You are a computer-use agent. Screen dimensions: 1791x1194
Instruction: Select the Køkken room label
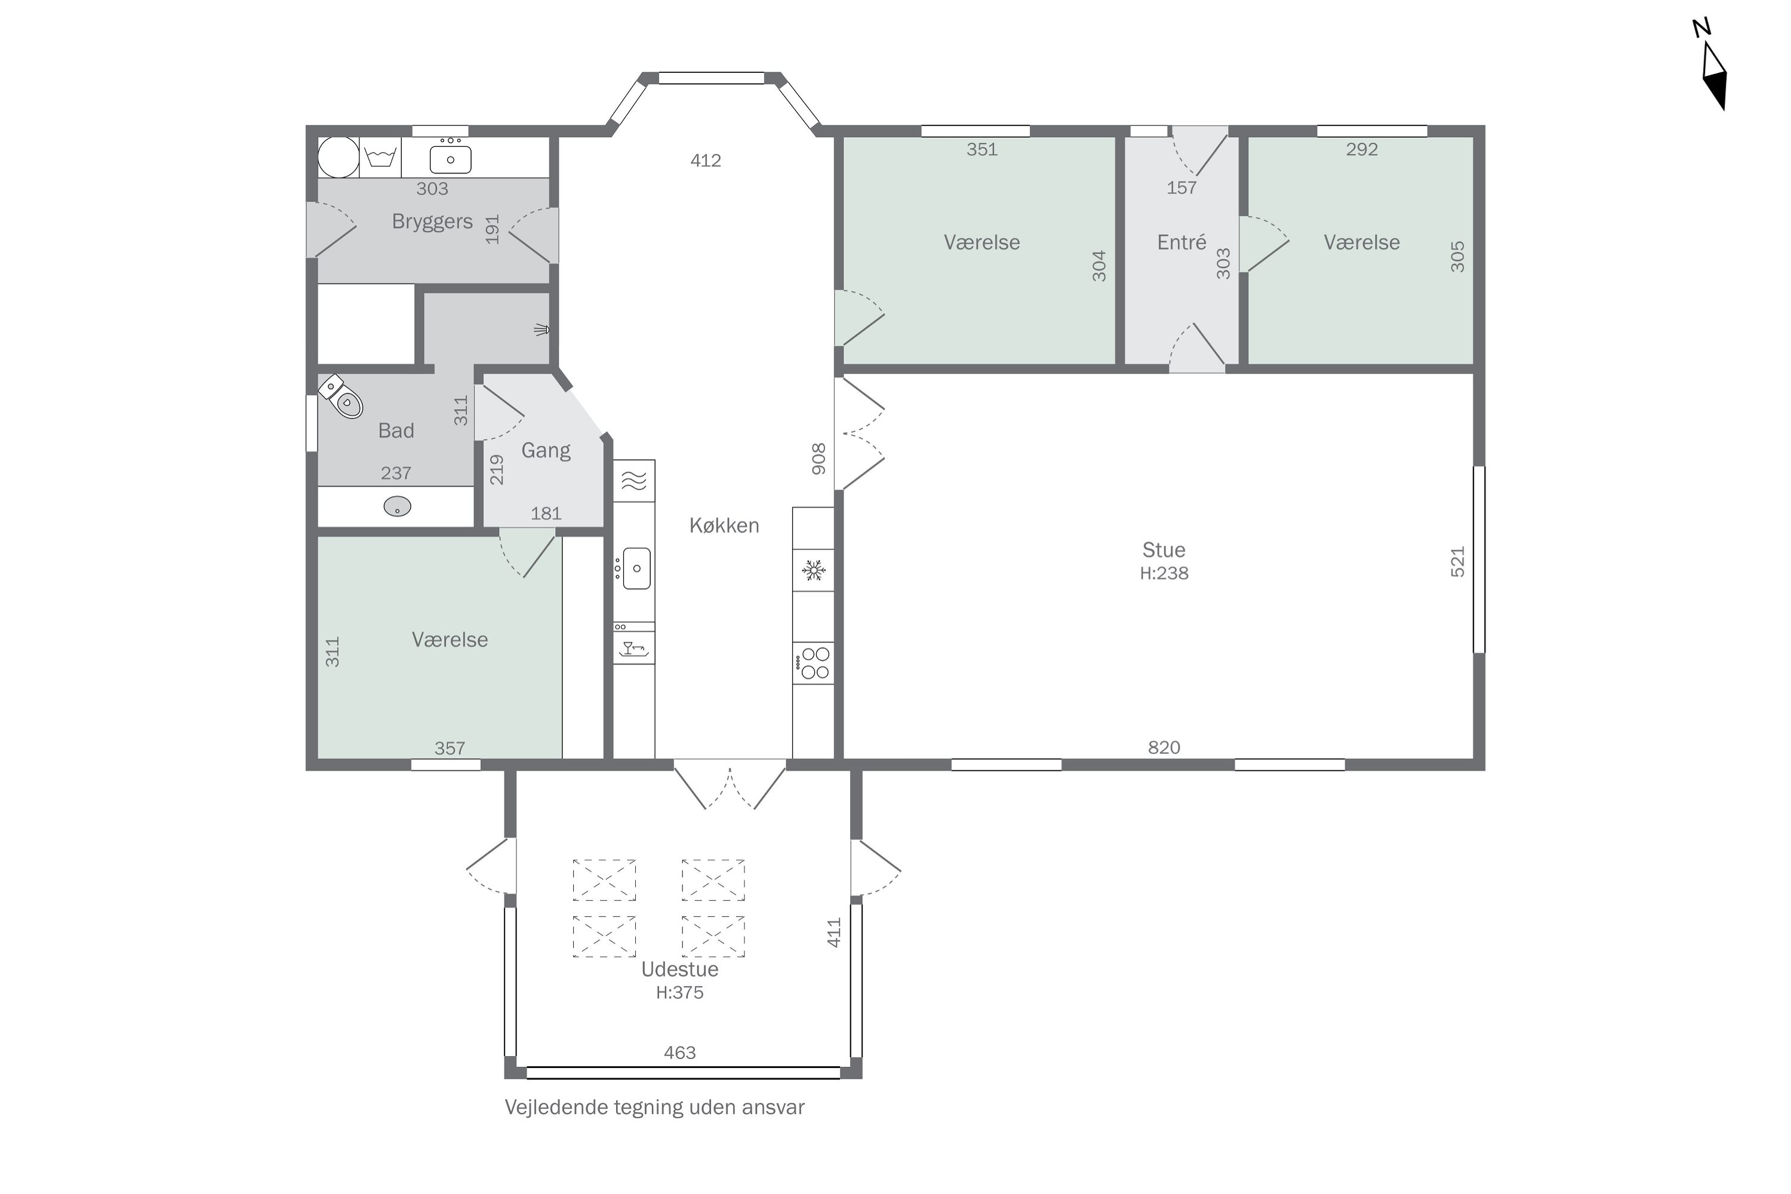724,525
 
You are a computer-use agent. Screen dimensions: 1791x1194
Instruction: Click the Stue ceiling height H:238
1164,573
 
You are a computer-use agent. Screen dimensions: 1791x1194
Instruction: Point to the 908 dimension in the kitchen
818,459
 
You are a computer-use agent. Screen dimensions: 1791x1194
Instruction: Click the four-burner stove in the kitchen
813,663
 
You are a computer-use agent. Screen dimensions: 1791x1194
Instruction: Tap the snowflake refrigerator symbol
813,570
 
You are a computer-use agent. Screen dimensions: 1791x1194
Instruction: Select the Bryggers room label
432,221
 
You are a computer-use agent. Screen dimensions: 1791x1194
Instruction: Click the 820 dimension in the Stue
1164,748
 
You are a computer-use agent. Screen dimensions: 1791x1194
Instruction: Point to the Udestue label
679,970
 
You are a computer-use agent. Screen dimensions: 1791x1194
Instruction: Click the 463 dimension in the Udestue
679,1053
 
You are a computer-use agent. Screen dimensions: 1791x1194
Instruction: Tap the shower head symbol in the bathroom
541,329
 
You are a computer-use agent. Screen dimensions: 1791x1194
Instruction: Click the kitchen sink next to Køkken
636,568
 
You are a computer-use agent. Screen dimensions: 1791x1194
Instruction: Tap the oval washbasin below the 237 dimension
397,506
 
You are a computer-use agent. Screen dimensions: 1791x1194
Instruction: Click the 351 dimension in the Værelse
981,149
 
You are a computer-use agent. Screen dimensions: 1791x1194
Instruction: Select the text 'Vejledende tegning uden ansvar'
654,1107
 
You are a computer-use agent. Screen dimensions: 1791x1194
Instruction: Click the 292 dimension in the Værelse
1362,149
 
